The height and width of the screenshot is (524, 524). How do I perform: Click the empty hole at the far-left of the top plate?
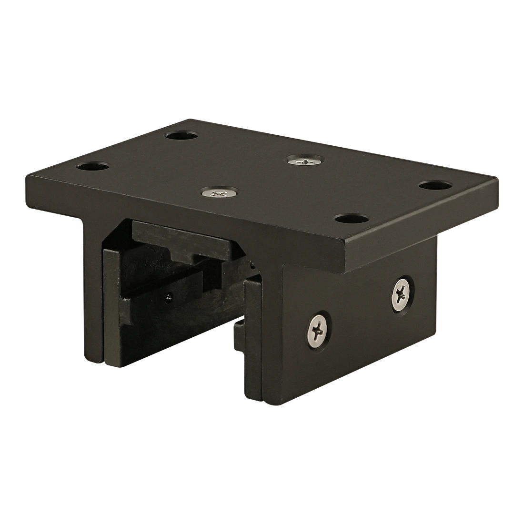pyautogui.click(x=93, y=167)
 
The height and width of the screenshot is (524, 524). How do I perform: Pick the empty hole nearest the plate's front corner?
pyautogui.click(x=352, y=219)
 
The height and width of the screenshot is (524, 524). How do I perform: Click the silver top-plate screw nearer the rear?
pyautogui.click(x=305, y=162)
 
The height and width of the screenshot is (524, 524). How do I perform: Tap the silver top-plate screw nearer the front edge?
pyautogui.click(x=220, y=193)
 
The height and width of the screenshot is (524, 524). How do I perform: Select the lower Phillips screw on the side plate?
pyautogui.click(x=317, y=328)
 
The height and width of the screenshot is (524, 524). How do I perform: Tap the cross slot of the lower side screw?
pyautogui.click(x=317, y=328)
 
